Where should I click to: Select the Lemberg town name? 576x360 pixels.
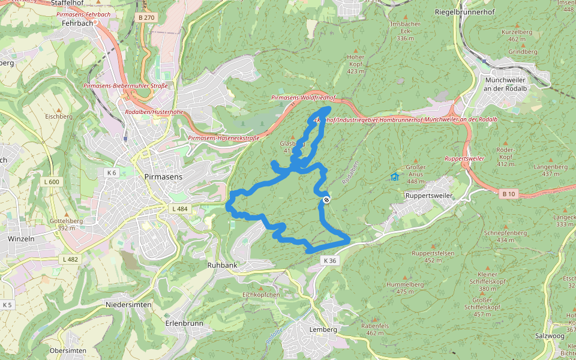click(323, 329)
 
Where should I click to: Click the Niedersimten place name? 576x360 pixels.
click(128, 304)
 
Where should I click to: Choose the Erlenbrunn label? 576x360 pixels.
click(184, 323)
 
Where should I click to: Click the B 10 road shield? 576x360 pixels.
click(508, 193)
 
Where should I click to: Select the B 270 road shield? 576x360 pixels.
click(146, 18)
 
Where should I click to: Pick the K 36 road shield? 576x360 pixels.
click(330, 260)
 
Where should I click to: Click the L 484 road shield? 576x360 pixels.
click(179, 209)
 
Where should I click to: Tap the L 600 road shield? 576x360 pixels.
click(52, 182)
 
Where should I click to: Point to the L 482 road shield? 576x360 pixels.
click(70, 259)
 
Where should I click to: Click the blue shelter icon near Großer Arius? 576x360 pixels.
click(395, 177)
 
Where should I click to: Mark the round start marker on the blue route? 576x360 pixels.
click(326, 200)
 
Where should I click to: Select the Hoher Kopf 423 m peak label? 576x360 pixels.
click(356, 64)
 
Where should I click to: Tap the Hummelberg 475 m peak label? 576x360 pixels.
click(405, 287)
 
